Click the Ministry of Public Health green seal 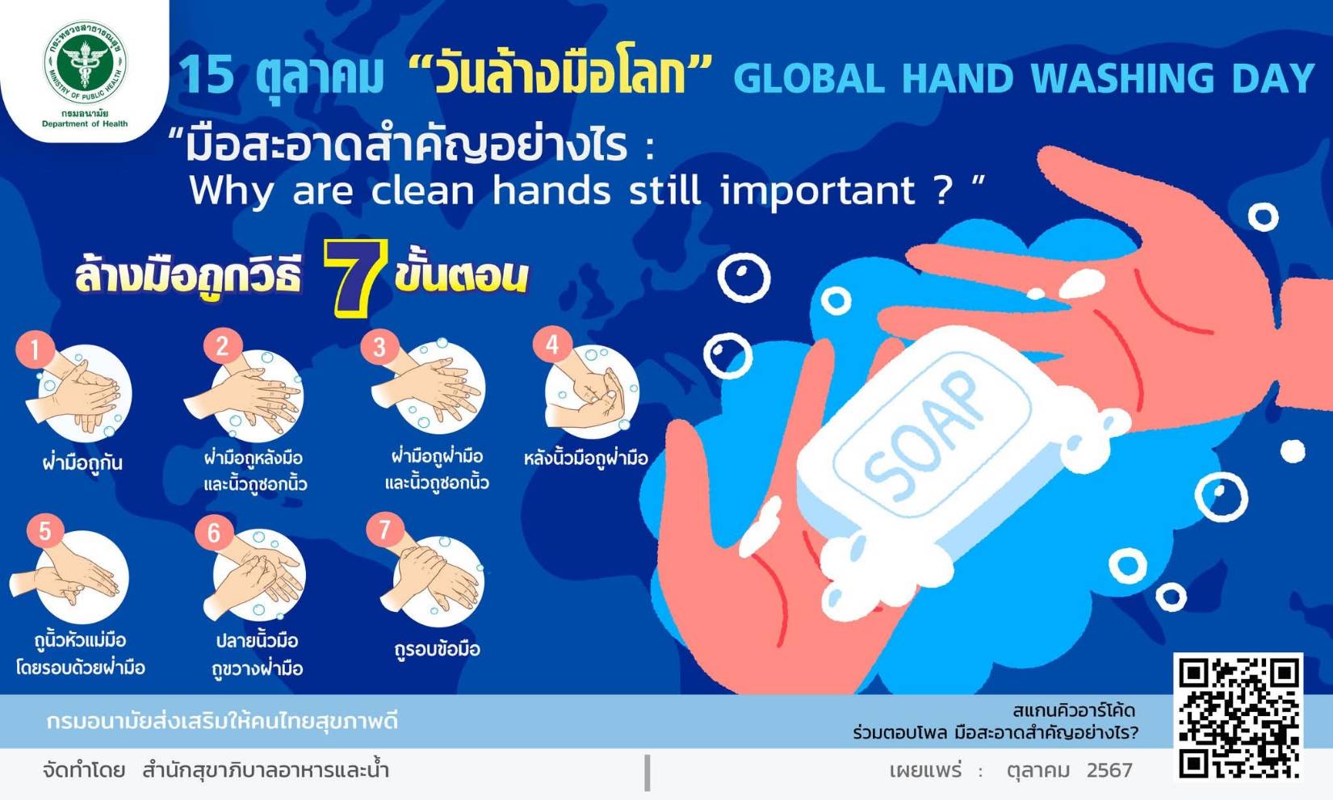tap(85, 61)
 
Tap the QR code tap(1239, 718)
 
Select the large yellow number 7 tap(355, 278)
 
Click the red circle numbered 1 tap(35, 350)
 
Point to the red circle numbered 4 tap(552, 345)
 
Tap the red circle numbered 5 tap(45, 530)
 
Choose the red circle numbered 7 tap(384, 530)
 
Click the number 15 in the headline tap(205, 76)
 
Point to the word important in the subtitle tap(818, 191)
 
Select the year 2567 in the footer tap(1109, 770)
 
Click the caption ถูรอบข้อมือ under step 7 tap(438, 649)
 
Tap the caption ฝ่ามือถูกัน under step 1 tap(82, 462)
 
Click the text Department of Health tap(85, 124)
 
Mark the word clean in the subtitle tap(422, 191)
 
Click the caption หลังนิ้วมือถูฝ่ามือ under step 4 tap(585, 458)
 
